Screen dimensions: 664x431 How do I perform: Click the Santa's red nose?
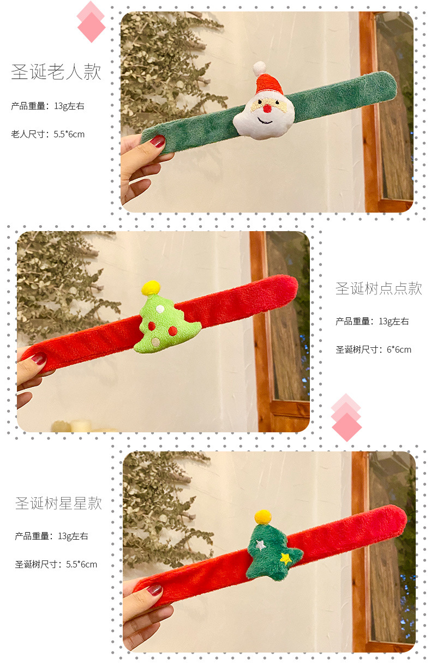click(267, 109)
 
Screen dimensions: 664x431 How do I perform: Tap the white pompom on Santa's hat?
click(259, 69)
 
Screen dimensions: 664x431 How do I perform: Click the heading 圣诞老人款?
click(56, 73)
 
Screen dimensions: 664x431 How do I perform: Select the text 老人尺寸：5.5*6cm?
click(48, 134)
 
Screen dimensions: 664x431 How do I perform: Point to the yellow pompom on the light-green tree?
click(151, 287)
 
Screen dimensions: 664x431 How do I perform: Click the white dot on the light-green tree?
click(160, 309)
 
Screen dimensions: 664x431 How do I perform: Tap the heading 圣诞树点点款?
click(379, 288)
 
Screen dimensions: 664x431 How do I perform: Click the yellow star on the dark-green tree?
click(285, 558)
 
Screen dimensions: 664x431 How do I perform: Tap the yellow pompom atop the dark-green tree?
click(263, 517)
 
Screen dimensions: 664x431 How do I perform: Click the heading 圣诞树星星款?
click(58, 503)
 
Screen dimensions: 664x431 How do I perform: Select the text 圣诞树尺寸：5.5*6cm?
click(56, 564)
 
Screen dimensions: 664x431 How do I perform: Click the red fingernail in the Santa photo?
click(157, 142)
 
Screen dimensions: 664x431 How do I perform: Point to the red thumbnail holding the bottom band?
click(154, 590)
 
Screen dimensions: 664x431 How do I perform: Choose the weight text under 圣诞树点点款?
click(372, 322)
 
